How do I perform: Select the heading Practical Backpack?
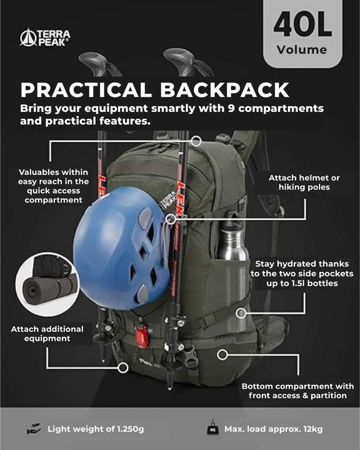[155, 89]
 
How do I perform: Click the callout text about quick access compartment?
[53, 186]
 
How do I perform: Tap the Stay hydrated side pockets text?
[302, 274]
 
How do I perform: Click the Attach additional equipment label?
[41, 334]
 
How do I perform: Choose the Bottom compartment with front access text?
[297, 391]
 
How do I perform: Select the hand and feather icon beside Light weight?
[33, 429]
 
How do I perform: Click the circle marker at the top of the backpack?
[196, 141]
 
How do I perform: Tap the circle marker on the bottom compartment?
[221, 354]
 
